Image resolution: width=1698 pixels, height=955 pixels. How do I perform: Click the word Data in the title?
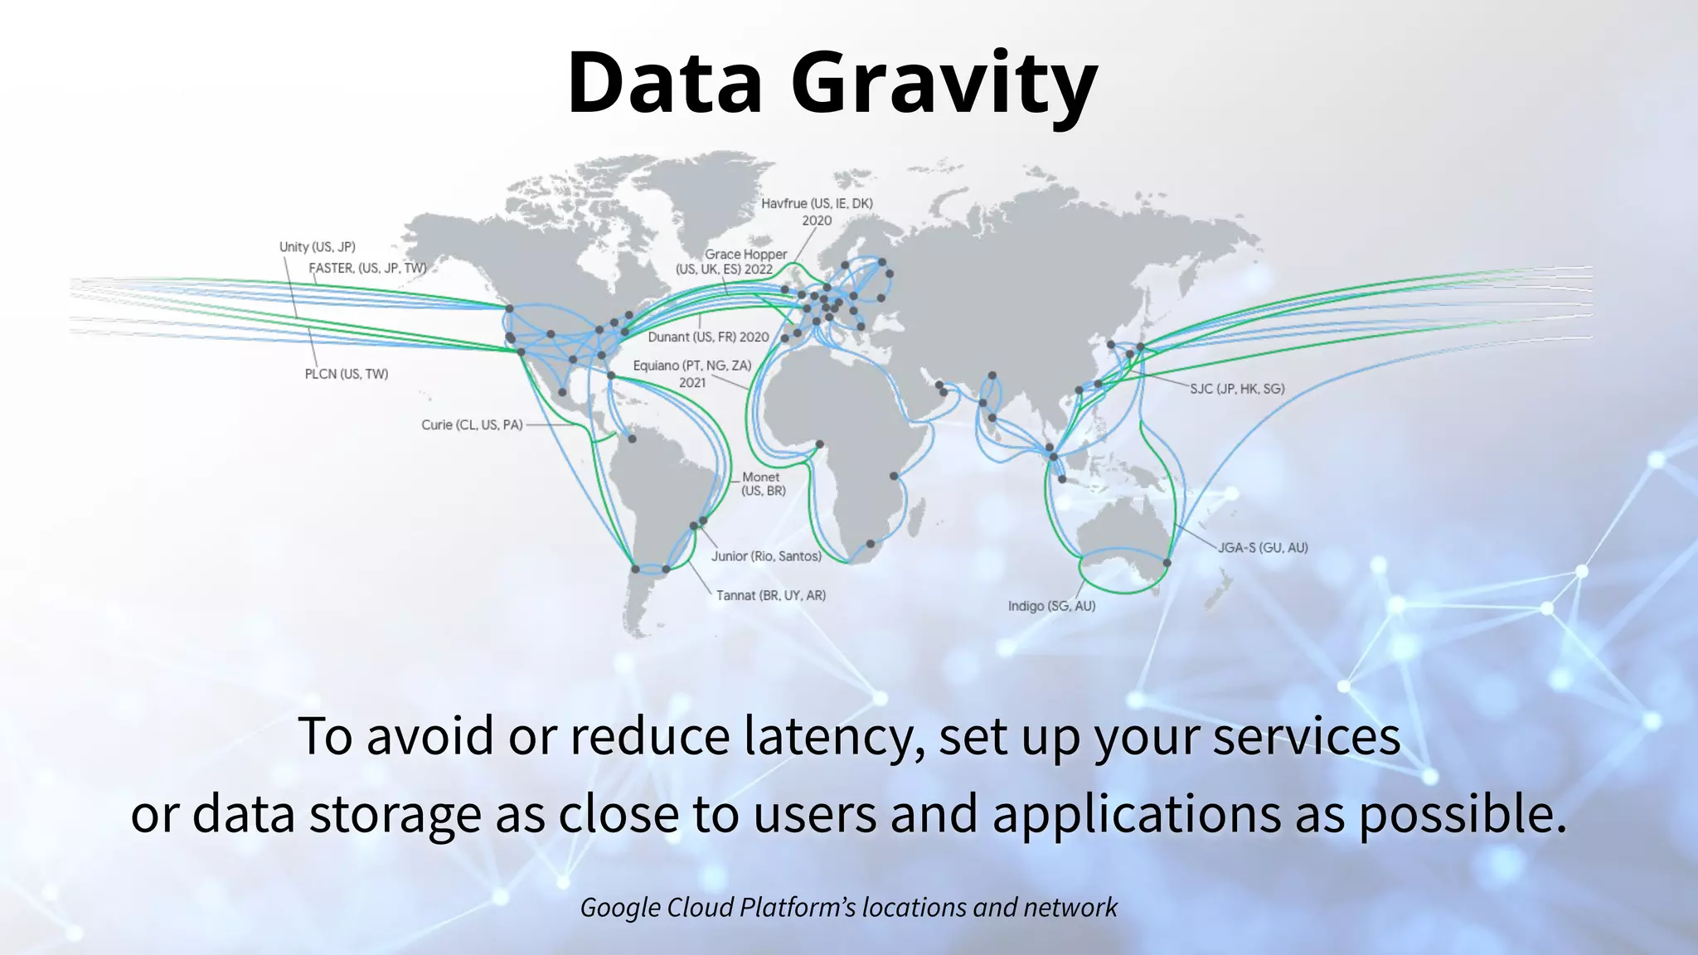pos(664,83)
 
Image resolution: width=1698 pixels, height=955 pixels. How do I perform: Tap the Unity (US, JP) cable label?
pos(317,247)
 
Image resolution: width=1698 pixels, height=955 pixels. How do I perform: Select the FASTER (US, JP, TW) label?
pos(367,268)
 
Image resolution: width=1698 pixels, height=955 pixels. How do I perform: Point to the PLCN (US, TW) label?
pos(346,374)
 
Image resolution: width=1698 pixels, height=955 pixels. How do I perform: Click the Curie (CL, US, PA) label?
pos(471,424)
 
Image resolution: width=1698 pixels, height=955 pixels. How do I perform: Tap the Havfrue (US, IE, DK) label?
pos(817,204)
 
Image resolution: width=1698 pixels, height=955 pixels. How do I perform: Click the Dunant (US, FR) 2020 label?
pos(708,337)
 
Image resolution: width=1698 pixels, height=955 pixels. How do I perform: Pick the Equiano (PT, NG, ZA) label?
pos(691,366)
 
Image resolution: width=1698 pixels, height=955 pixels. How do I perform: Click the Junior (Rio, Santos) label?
pos(765,556)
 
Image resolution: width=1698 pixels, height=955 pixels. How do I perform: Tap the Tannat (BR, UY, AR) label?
pos(770,595)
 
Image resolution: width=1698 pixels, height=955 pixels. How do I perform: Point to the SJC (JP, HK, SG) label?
pos(1237,388)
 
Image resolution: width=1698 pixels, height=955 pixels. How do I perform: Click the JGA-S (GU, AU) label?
pos(1262,548)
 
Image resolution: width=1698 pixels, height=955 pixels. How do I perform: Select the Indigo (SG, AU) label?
pos(1051,606)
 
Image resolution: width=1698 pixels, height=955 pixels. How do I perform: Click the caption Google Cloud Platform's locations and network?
pos(848,907)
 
